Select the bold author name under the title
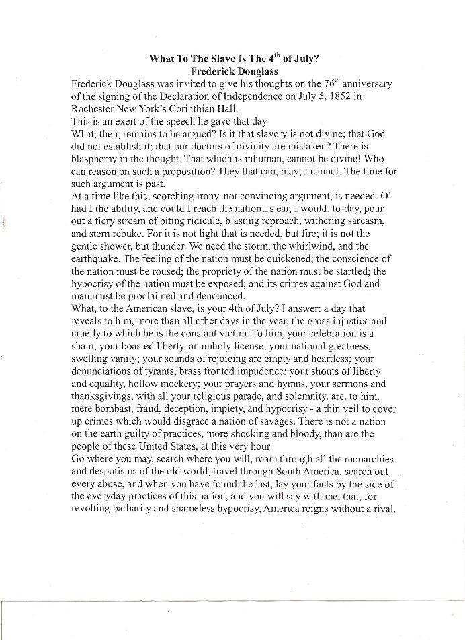click(x=235, y=71)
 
